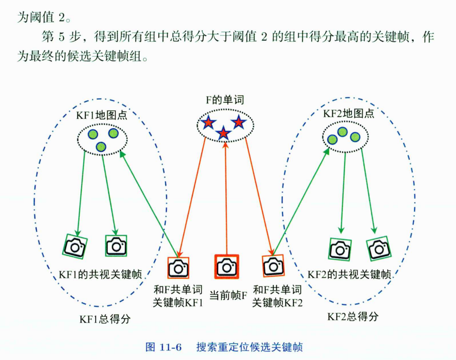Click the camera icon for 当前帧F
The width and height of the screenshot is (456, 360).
click(x=226, y=266)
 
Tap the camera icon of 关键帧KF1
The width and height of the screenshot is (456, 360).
click(x=178, y=268)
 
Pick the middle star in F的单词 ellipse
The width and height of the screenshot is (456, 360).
click(x=223, y=133)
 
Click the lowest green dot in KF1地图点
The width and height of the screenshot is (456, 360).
click(x=101, y=147)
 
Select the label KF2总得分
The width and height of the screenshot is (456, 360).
click(x=353, y=316)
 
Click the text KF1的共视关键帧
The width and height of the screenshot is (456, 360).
click(x=100, y=274)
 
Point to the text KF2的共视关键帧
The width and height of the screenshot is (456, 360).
click(x=349, y=274)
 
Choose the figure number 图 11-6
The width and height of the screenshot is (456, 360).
click(x=163, y=347)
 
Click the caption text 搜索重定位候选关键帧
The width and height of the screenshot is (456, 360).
click(x=250, y=347)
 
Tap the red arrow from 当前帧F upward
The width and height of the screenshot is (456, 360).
click(x=226, y=197)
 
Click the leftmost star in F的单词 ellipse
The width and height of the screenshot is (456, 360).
click(x=208, y=123)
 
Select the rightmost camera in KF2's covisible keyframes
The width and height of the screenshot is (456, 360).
click(x=379, y=248)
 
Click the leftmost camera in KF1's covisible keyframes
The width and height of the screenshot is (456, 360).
click(x=75, y=247)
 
